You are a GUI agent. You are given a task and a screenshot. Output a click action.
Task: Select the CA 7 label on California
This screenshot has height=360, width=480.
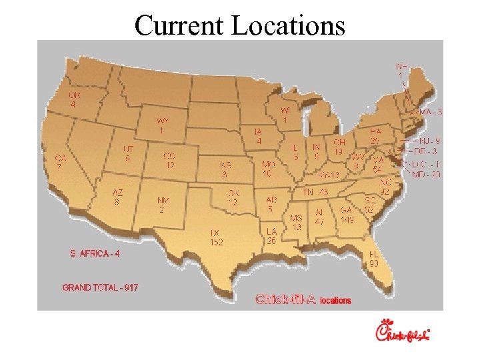pos(60,162)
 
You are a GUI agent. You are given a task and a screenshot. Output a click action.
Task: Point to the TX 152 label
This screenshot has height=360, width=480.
pos(216,237)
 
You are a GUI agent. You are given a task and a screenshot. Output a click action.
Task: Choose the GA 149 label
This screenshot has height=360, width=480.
pos(347,215)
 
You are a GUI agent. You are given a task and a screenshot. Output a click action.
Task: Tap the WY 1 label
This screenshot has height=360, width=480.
pos(163,125)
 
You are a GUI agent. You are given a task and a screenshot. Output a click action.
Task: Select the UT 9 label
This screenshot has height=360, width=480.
pos(127,154)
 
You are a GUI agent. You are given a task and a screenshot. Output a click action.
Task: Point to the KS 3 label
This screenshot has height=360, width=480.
pos(225,169)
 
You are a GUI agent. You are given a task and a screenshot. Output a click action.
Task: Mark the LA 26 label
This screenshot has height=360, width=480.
pos(271,235)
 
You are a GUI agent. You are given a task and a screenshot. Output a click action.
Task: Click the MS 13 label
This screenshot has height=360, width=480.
pos(296,222)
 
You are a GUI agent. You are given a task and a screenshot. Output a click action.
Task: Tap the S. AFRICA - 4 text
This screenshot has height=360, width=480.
pos(95,253)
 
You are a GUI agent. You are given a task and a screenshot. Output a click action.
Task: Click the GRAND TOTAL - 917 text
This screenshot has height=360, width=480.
pos(100,287)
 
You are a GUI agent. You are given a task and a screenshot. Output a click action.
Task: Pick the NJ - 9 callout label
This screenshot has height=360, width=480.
pos(429,141)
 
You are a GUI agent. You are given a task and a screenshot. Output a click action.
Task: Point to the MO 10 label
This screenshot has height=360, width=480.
pos(267,169)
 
